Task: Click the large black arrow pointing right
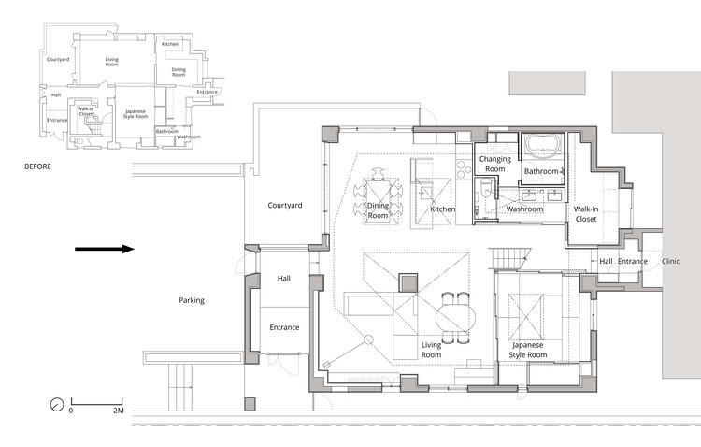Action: tap(105, 249)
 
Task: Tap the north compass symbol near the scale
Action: tap(56, 405)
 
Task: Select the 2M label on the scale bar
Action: tap(118, 411)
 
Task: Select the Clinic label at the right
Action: tap(671, 262)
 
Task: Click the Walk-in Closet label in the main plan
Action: tap(585, 214)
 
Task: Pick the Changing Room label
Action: tap(494, 164)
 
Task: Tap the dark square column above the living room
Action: tap(408, 281)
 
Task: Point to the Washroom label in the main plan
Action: tap(524, 209)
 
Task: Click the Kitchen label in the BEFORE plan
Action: tap(170, 45)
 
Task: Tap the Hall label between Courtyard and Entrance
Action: tap(285, 279)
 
